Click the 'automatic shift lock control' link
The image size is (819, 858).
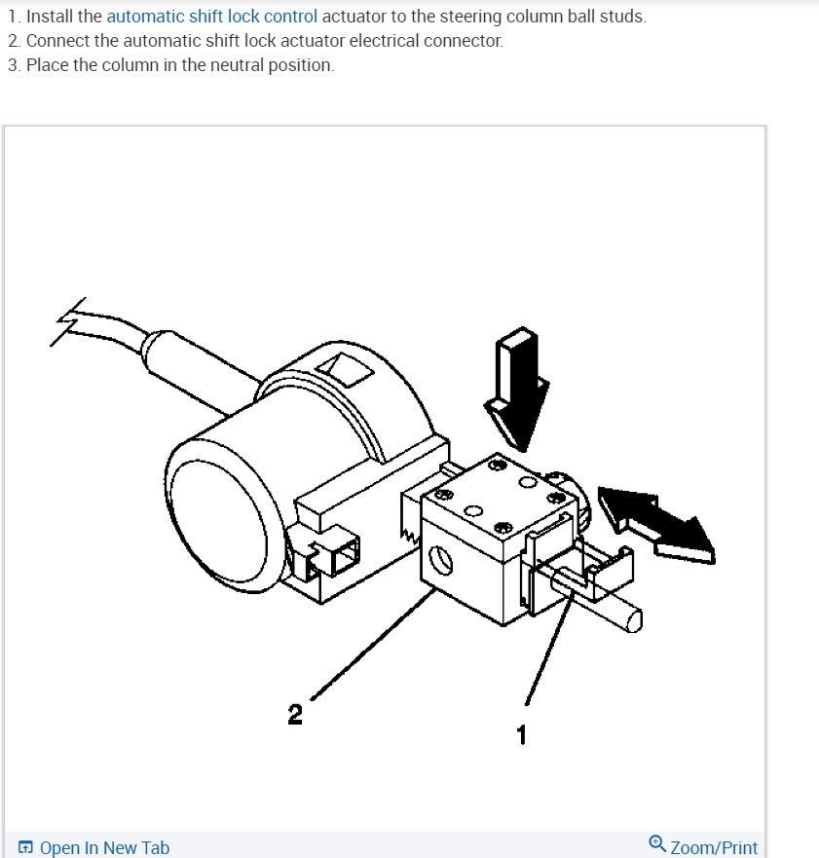(211, 17)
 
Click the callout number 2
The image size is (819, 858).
(295, 716)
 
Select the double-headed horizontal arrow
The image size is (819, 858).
(655, 523)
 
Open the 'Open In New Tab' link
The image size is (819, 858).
(104, 847)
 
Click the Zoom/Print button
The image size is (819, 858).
(714, 847)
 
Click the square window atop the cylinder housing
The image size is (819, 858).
(345, 367)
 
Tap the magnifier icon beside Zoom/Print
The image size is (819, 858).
(657, 844)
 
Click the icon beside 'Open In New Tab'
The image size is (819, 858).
(25, 847)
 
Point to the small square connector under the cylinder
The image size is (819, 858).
(339, 560)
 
